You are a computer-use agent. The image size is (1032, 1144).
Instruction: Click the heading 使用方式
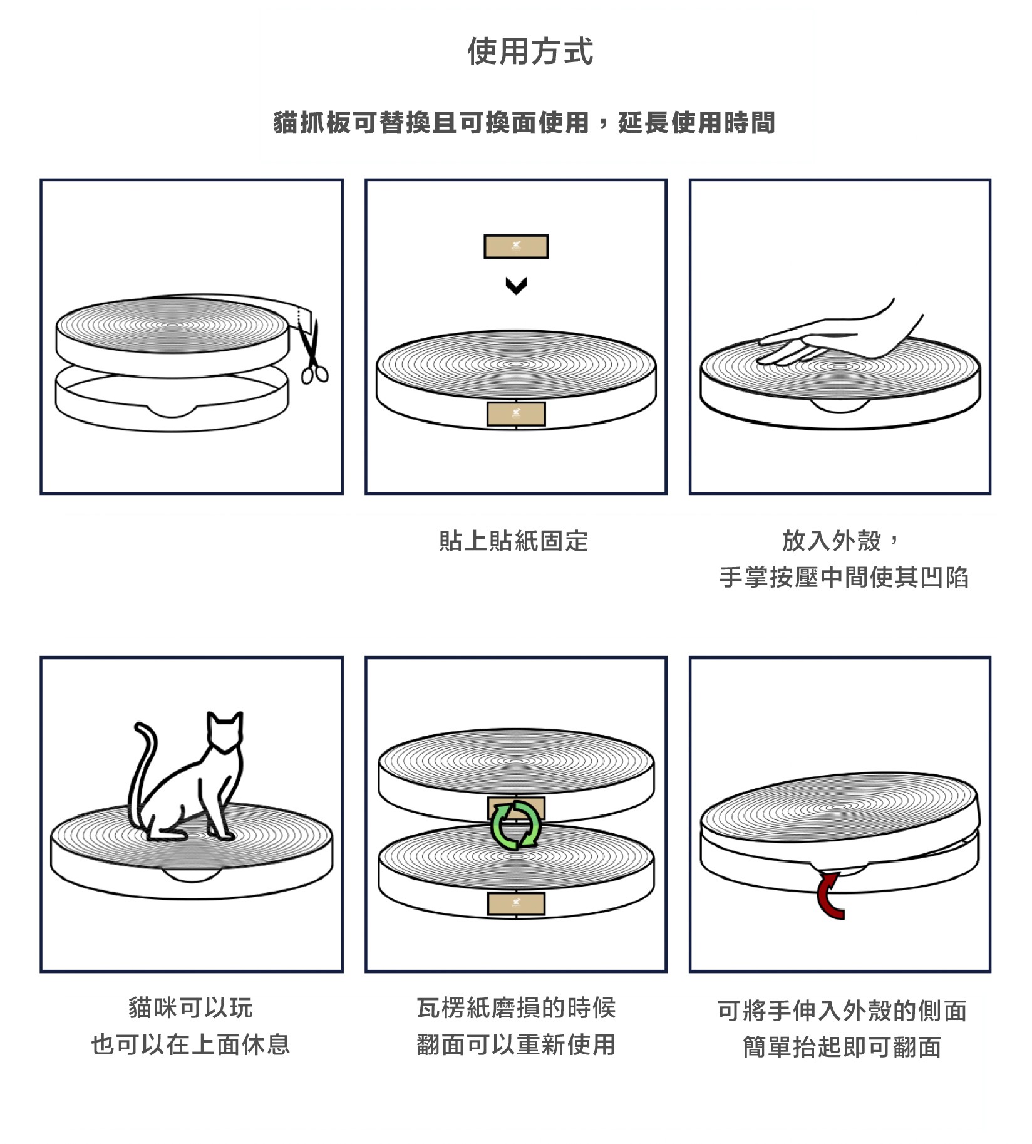530,51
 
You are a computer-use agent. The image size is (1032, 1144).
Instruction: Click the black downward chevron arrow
516,286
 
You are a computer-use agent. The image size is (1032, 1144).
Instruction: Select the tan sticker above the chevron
516,246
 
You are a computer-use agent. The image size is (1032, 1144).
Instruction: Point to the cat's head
225,731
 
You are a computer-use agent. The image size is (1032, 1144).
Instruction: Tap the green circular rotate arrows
515,825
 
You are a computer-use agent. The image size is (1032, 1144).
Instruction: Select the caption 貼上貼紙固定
513,541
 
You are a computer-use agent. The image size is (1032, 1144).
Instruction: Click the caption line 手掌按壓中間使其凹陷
844,577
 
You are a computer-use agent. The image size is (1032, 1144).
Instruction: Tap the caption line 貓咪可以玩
190,1008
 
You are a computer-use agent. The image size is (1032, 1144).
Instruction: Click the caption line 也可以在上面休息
190,1044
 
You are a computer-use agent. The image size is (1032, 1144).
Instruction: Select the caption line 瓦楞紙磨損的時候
516,1008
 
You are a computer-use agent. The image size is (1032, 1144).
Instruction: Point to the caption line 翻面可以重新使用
516,1044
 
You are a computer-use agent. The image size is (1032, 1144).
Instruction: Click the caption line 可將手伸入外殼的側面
842,1011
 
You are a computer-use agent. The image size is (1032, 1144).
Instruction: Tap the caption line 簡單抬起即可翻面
842,1047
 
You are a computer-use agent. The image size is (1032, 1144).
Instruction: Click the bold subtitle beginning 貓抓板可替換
524,122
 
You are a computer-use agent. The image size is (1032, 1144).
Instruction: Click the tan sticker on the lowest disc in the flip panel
516,903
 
